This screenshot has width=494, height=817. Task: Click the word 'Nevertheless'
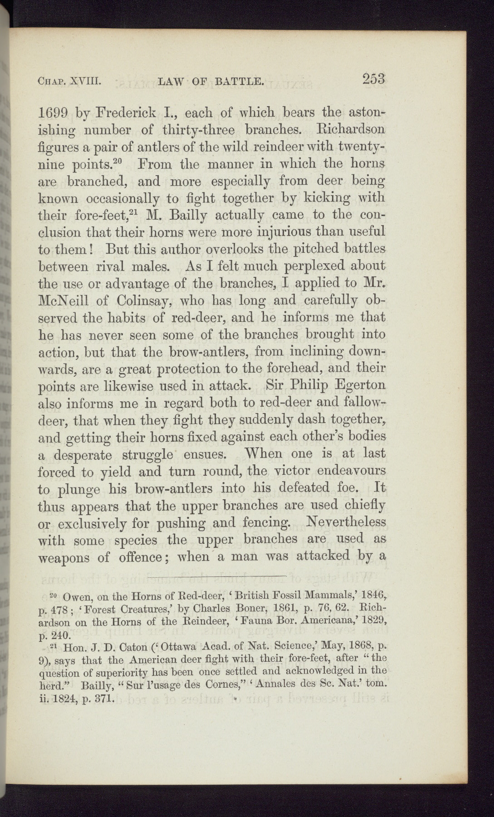pyautogui.click(x=346, y=522)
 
